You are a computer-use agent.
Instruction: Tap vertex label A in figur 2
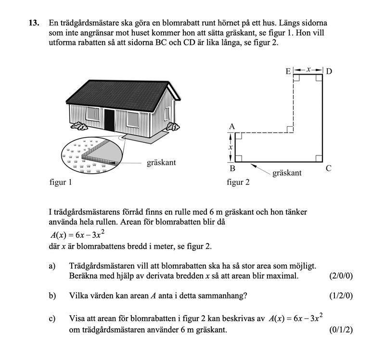(x=231, y=127)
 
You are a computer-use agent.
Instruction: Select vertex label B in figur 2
(x=232, y=169)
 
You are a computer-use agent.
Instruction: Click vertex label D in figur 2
(x=329, y=71)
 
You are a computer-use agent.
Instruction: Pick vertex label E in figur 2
(x=288, y=71)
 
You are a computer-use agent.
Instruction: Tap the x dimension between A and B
(x=231, y=147)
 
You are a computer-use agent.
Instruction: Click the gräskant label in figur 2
(x=287, y=172)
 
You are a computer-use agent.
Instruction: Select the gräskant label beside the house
(x=161, y=163)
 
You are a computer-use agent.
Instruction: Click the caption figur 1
(x=60, y=182)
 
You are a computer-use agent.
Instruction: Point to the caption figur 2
(x=238, y=182)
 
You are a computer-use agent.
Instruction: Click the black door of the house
(x=110, y=120)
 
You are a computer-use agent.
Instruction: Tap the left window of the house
(x=92, y=114)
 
